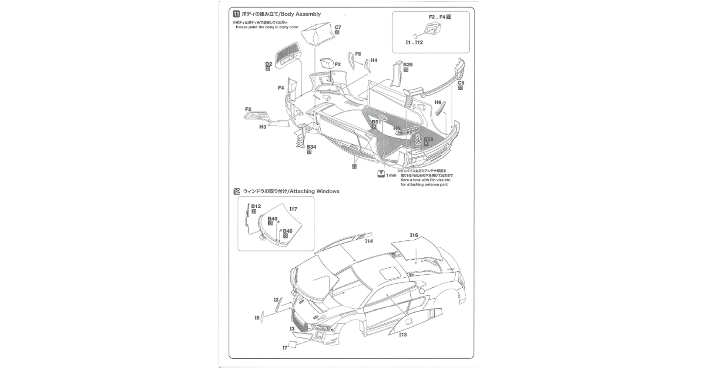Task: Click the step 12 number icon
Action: [237, 191]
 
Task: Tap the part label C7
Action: [338, 27]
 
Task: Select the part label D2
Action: [269, 64]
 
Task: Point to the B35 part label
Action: [408, 64]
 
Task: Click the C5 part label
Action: [461, 83]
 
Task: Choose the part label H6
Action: [438, 103]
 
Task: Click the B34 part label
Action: [311, 147]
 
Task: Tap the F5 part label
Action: [248, 109]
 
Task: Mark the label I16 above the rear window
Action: [413, 235]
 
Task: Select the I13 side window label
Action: [403, 334]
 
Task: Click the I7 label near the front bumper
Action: [285, 348]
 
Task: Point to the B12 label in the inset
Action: [256, 206]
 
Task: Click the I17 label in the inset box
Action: [293, 209]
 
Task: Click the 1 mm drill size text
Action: [391, 175]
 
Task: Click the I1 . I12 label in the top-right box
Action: [414, 43]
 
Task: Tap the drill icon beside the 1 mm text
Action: [381, 173]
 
